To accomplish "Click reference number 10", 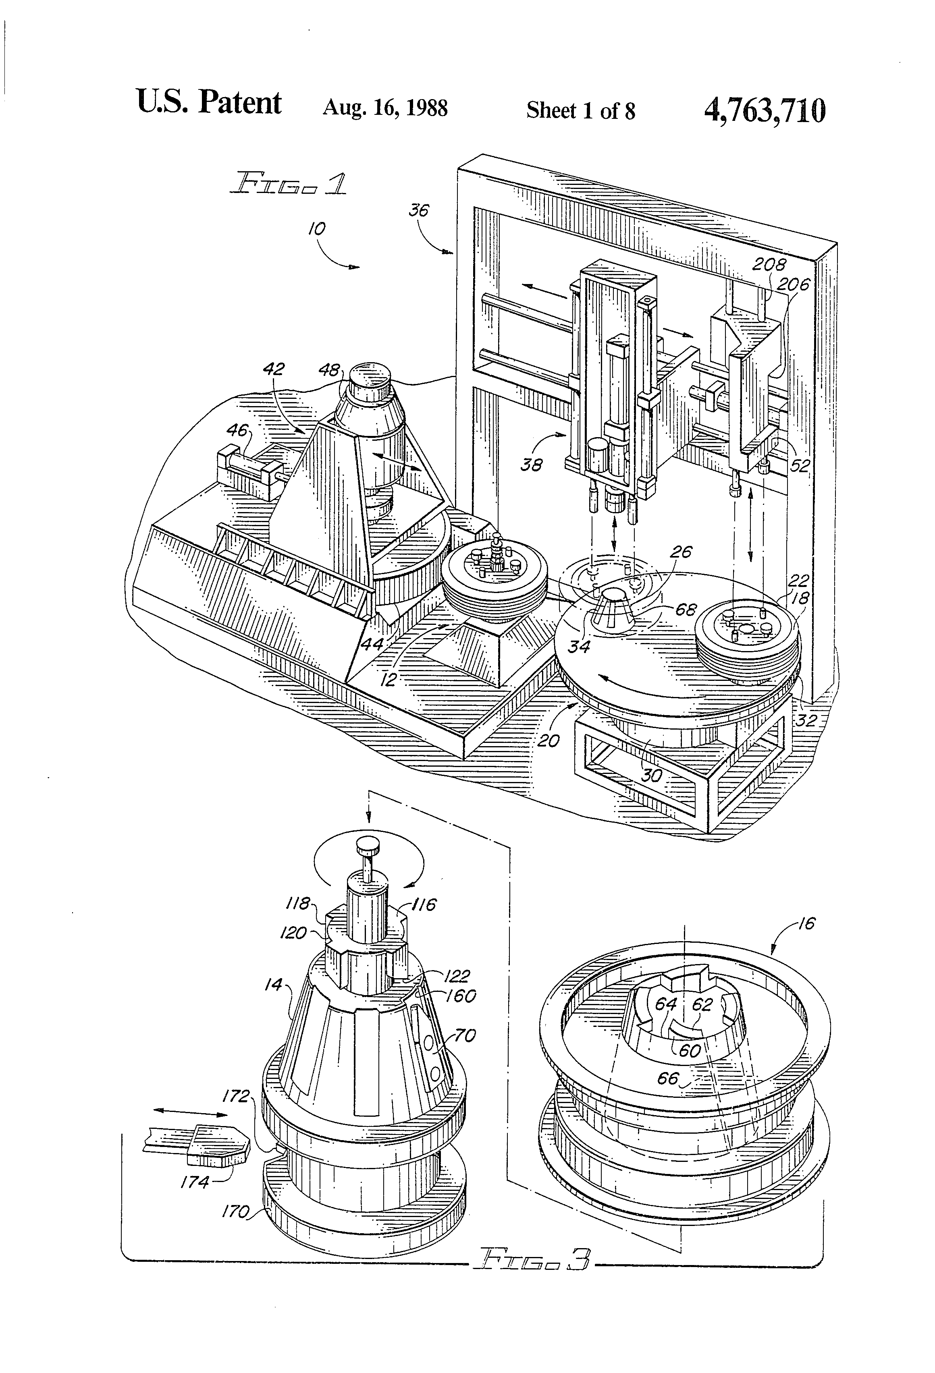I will pyautogui.click(x=316, y=229).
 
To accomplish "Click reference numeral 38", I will pyautogui.click(x=531, y=465).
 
